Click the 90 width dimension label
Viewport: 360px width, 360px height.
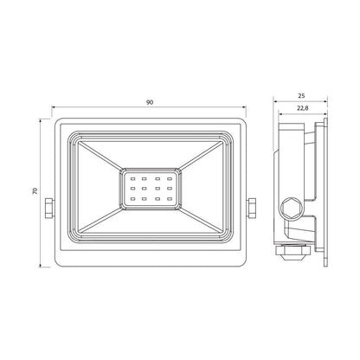(150, 102)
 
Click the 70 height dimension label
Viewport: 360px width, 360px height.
(35, 190)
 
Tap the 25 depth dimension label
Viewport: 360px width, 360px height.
(302, 96)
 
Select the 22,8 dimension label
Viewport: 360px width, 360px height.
(303, 108)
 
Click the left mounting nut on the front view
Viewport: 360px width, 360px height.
(49, 208)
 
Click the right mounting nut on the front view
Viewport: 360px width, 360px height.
(252, 208)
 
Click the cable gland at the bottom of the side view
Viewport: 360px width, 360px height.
(292, 253)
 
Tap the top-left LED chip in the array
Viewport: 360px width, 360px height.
(133, 179)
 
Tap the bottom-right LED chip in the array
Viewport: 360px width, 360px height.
(170, 198)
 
